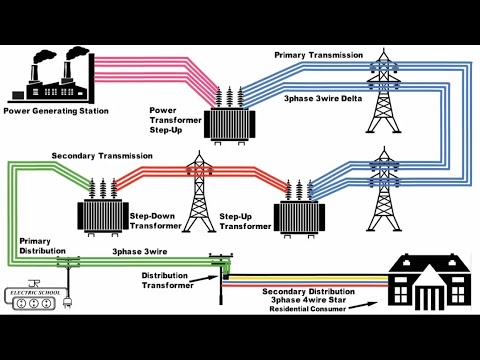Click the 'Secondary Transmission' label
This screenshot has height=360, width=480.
tap(102, 157)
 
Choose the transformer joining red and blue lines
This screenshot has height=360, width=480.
tap(299, 208)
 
